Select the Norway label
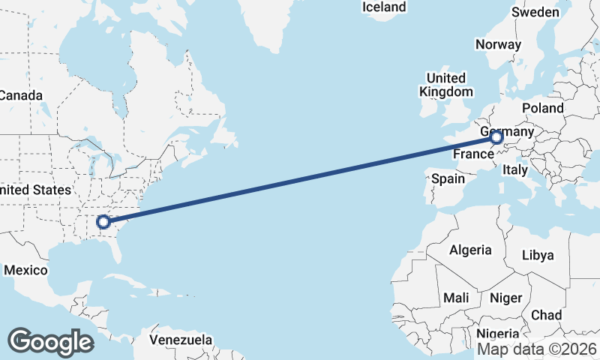tap(498, 44)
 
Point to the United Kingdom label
tap(445, 85)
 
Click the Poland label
tap(543, 109)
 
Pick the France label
tap(472, 154)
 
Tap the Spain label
tap(448, 179)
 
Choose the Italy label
tap(515, 169)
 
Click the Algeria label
tap(470, 250)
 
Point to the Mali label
tap(456, 298)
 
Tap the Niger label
tap(505, 298)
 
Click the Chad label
tap(546, 315)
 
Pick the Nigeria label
tap(498, 334)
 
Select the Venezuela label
tap(180, 340)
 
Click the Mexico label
tap(25, 270)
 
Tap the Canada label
tap(21, 95)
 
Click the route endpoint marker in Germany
tap(496, 137)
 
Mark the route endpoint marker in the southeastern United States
tap(103, 221)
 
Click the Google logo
tap(50, 341)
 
